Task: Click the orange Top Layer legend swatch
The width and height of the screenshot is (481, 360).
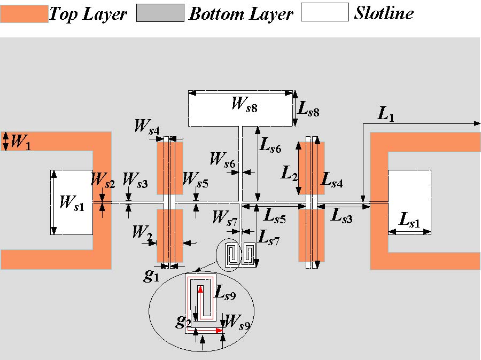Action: click(24, 13)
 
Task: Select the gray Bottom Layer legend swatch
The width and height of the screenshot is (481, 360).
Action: click(160, 13)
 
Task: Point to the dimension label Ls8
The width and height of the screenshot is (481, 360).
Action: click(309, 111)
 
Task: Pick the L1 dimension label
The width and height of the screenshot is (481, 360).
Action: click(386, 113)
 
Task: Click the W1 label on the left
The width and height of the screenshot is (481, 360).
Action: click(20, 143)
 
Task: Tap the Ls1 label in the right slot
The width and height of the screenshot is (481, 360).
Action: click(410, 219)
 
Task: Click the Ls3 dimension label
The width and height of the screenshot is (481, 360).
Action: click(342, 216)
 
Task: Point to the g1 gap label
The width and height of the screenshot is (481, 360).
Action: click(152, 276)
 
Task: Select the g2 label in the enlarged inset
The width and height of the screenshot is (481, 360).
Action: click(184, 322)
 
